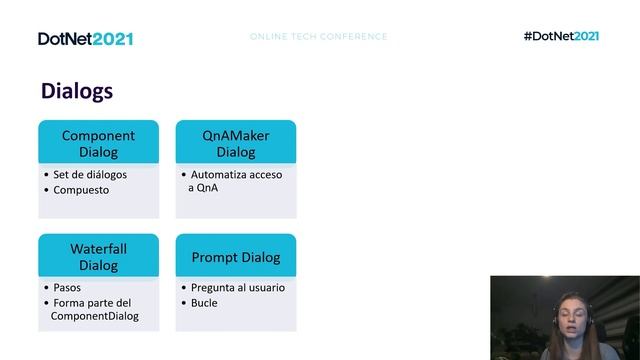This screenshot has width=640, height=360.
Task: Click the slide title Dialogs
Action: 77,91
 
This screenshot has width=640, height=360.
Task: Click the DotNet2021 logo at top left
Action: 85,38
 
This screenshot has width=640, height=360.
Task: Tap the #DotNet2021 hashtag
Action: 561,37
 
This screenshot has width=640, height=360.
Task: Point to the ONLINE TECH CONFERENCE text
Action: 318,37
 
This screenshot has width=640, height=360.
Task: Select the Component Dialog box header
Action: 98,143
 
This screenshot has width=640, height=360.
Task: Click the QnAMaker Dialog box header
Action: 236,143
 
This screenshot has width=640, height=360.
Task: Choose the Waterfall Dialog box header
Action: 98,256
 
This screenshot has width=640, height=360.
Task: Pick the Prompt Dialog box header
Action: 236,257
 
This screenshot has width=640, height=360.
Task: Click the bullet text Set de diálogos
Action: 90,175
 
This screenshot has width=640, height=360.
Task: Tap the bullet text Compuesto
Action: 81,189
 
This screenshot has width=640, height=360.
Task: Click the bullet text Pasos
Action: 68,288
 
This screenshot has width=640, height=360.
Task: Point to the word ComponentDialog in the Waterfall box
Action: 95,316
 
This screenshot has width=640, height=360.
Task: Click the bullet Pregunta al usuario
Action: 238,288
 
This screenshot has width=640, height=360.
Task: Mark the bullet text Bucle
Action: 204,302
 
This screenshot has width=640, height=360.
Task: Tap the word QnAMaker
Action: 236,135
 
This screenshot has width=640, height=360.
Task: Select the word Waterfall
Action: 98,248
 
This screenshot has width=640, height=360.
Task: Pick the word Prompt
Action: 214,257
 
